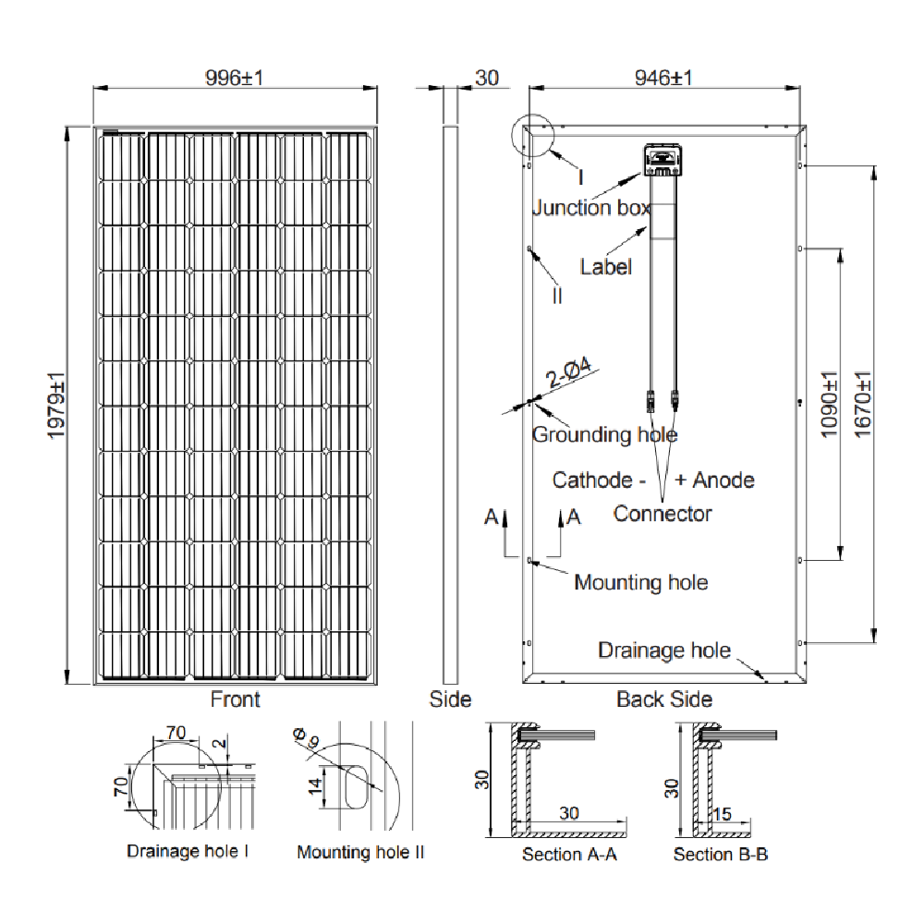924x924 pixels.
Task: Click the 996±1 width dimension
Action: click(x=235, y=78)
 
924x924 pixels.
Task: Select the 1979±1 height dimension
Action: click(x=57, y=406)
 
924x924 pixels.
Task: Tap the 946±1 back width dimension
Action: click(x=663, y=78)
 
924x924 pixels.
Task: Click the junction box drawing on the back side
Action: click(x=663, y=161)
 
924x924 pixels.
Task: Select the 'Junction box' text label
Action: click(x=591, y=208)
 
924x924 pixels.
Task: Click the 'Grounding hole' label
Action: click(x=604, y=434)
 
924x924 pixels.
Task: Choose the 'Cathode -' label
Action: click(x=599, y=480)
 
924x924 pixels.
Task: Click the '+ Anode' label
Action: click(x=714, y=480)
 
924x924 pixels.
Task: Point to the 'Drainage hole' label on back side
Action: click(x=664, y=650)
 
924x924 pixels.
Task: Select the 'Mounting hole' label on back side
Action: click(x=640, y=583)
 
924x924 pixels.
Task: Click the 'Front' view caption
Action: click(x=235, y=699)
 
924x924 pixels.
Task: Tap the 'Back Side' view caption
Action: click(x=664, y=699)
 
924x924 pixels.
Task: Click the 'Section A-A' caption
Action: click(x=569, y=854)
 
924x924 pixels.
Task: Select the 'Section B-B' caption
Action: click(x=721, y=854)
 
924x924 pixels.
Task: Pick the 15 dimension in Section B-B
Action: click(x=723, y=814)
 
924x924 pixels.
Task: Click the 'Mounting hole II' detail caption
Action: click(x=360, y=852)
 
